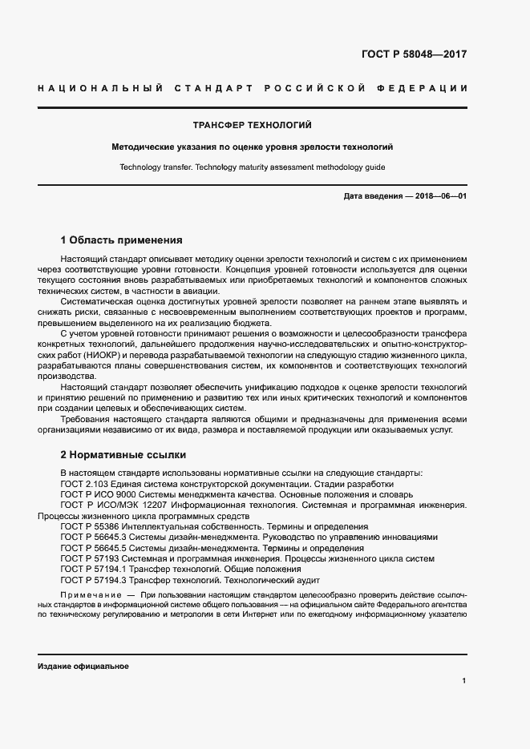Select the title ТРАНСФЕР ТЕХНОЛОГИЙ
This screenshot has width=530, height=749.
[x=252, y=126]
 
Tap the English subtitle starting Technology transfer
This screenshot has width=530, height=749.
[x=252, y=167]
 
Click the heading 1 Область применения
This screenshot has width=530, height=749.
[x=121, y=240]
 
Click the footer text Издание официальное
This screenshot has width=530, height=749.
[x=83, y=666]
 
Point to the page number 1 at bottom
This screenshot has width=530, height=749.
[x=464, y=681]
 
